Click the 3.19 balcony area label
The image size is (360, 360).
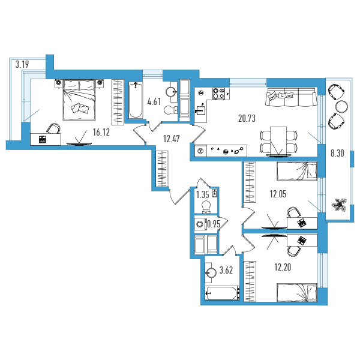click(22, 65)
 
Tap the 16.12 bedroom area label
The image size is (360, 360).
click(101, 132)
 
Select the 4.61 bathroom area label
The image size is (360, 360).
click(154, 101)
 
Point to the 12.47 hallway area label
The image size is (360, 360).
click(171, 139)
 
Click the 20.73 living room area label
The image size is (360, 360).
click(247, 118)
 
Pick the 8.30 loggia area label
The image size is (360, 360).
click(337, 153)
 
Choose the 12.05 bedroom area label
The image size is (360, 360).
click(278, 194)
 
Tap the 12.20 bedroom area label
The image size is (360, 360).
click(283, 267)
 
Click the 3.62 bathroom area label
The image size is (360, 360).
click(226, 270)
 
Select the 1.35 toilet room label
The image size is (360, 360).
click(203, 194)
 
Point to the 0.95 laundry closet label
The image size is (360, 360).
click(214, 224)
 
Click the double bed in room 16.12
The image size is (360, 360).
click(79, 100)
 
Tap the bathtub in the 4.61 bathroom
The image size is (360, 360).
click(136, 100)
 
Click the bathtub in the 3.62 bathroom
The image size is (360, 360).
click(222, 293)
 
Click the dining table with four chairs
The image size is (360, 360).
click(278, 141)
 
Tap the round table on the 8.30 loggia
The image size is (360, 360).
click(341, 107)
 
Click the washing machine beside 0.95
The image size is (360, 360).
click(200, 224)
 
